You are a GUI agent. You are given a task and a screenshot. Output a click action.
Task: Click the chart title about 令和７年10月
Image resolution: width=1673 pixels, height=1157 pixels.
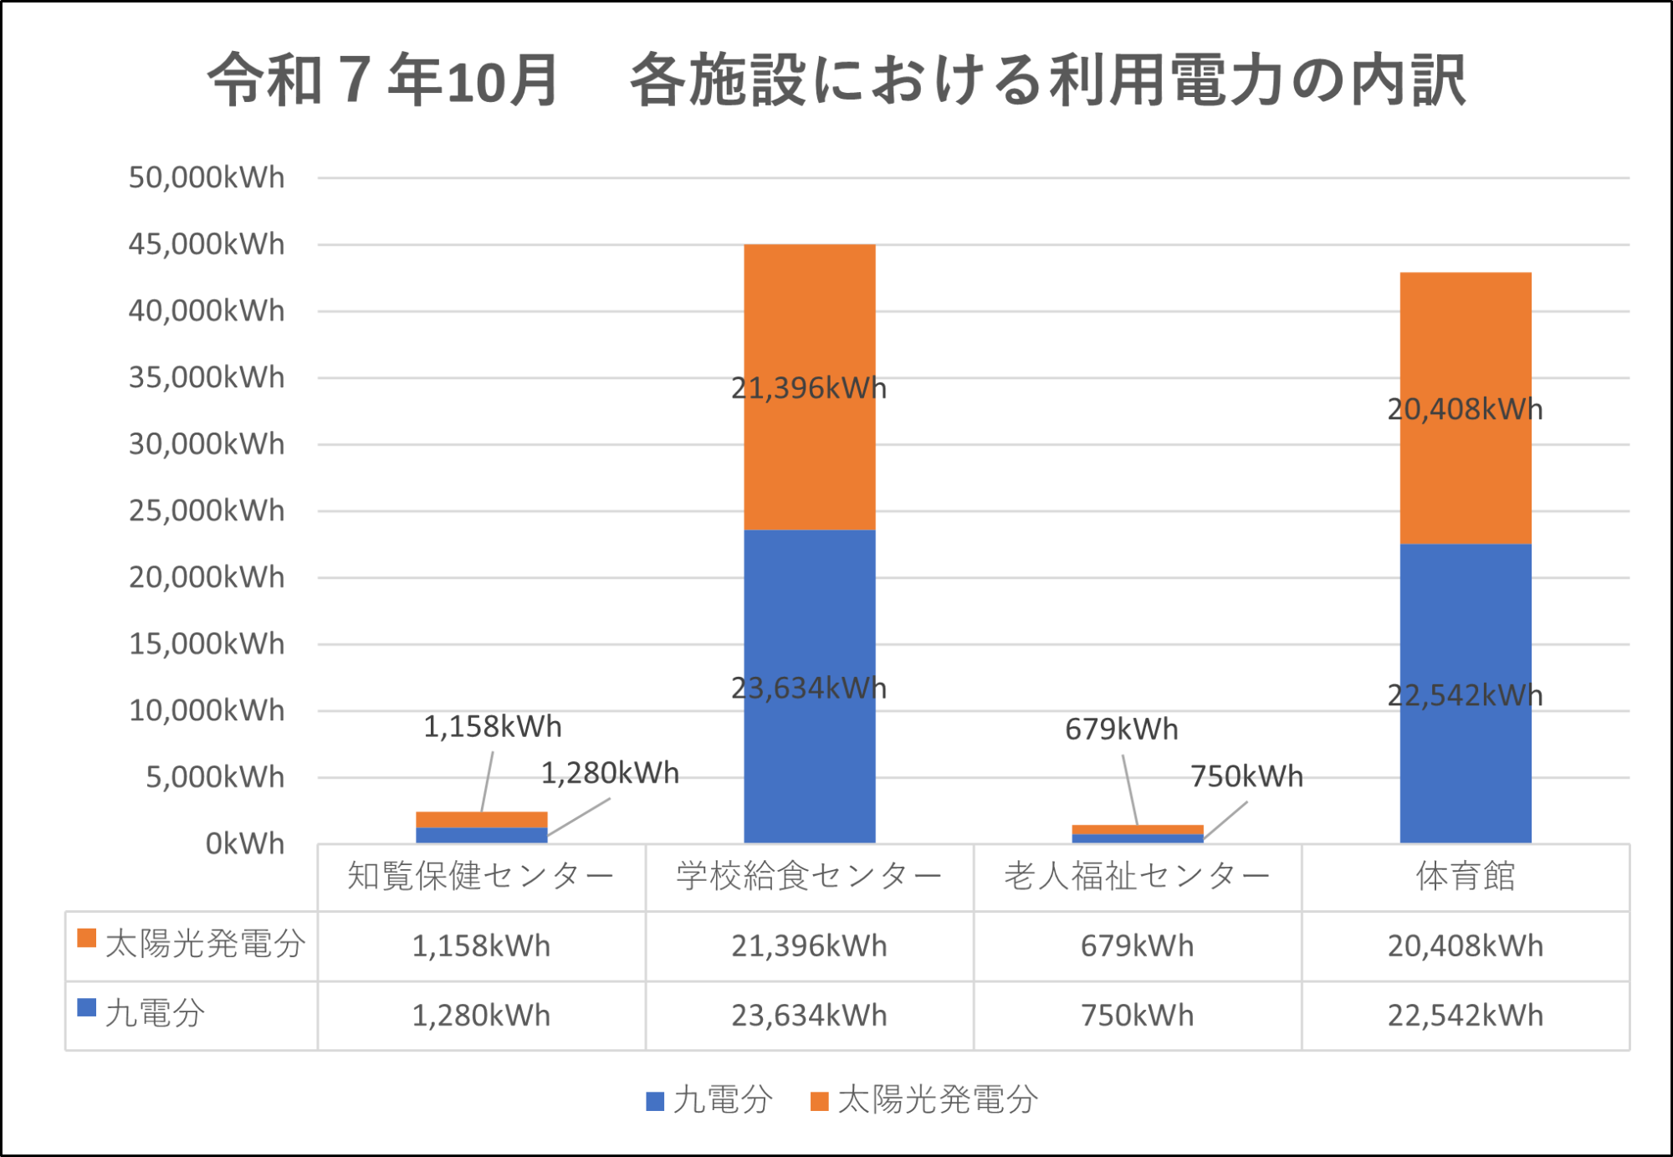(x=836, y=79)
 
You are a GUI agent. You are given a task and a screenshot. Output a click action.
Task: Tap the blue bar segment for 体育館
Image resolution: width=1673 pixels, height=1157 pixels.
(x=1466, y=753)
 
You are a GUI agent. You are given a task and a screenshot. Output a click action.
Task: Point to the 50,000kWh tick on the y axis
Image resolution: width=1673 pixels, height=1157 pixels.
(x=207, y=177)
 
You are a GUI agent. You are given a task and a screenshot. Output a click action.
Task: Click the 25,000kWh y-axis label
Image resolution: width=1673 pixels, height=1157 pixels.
(x=207, y=510)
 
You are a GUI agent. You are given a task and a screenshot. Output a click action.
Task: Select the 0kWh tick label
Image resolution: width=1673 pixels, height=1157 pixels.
(x=245, y=843)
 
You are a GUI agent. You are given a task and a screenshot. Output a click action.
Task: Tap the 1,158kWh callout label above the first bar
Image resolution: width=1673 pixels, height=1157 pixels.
(x=492, y=726)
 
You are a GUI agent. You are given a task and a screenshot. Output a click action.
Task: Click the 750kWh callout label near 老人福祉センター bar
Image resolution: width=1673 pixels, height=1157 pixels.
(x=1246, y=776)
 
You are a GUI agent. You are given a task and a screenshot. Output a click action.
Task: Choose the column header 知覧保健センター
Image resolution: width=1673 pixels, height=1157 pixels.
(x=481, y=876)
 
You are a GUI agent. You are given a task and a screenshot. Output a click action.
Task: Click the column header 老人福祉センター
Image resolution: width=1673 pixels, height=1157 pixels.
(x=1137, y=876)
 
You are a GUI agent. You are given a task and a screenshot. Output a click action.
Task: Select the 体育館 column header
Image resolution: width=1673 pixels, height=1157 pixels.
(x=1466, y=876)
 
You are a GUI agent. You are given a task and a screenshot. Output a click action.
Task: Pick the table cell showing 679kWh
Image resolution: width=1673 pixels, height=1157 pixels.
(x=1137, y=946)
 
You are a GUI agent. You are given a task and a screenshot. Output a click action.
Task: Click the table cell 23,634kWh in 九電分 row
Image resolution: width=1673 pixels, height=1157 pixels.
(x=809, y=1016)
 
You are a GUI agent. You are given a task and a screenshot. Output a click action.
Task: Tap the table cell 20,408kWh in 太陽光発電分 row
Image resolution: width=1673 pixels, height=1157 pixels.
(x=1466, y=946)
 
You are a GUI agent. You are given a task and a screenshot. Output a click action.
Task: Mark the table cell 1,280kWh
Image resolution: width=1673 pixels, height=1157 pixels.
(x=481, y=1016)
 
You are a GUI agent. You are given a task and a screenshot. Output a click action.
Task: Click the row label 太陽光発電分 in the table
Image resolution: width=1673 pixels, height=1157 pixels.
(x=205, y=944)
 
